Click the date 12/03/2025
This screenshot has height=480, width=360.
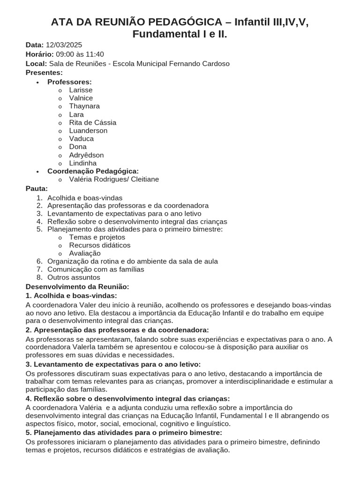[64, 45]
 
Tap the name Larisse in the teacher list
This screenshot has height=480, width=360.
[81, 90]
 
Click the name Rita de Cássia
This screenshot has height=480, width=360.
[92, 122]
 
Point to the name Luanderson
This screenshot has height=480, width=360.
[88, 131]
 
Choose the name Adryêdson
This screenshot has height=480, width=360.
[86, 155]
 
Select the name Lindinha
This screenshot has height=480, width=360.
[82, 163]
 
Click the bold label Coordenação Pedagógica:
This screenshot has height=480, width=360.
[93, 171]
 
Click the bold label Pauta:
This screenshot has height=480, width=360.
[37, 188]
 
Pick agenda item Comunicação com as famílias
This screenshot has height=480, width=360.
[96, 270]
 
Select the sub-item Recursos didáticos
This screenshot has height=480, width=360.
[99, 245]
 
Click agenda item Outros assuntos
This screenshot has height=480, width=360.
[74, 277]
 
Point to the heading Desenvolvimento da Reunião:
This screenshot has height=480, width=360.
[77, 286]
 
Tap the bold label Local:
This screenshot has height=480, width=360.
[36, 64]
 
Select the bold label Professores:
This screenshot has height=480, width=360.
[69, 82]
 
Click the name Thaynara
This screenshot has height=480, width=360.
[84, 106]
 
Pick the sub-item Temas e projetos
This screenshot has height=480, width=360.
[97, 237]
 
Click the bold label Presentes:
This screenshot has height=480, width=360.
[44, 73]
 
